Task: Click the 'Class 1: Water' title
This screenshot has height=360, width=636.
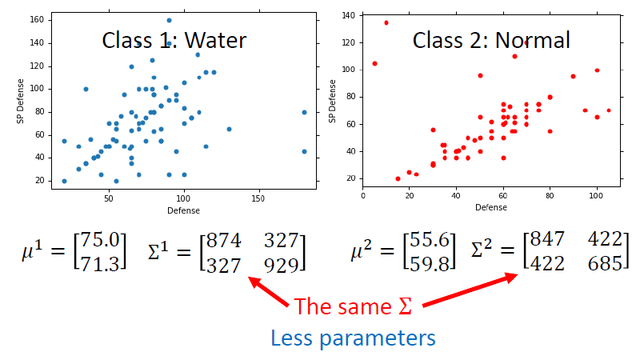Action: point(174,40)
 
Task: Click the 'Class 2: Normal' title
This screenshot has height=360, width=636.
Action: point(490,40)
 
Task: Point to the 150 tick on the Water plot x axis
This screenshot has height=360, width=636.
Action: point(258,196)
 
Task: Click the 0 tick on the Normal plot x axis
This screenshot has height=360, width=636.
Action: point(363,196)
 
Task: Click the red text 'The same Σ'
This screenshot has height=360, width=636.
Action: point(353,306)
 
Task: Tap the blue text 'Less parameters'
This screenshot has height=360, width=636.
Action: point(353,338)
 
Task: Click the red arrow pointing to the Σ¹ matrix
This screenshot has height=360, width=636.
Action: point(270,292)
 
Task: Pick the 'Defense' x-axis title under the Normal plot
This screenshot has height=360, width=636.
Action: point(491,207)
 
